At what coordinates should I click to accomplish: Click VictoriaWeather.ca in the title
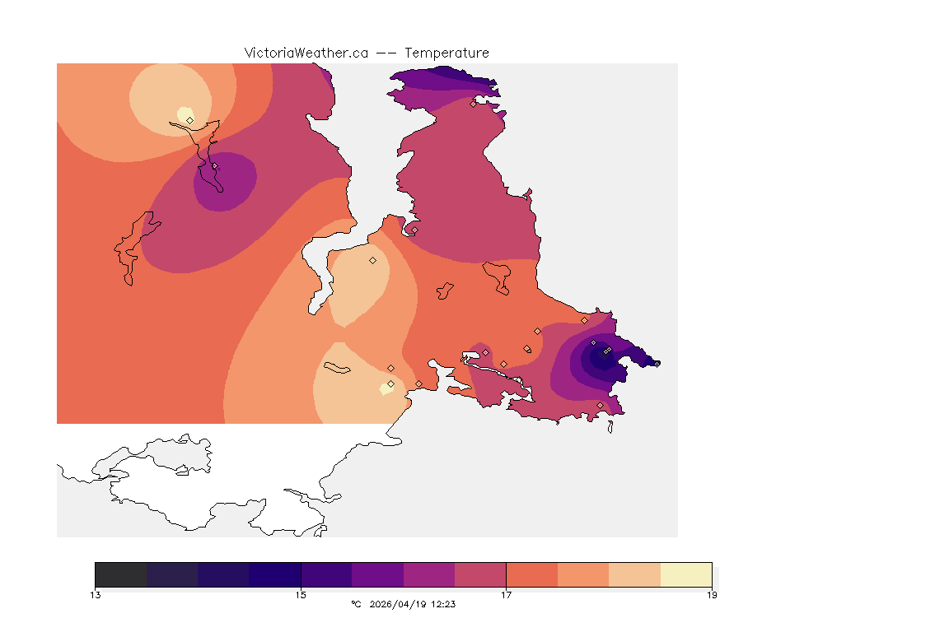tap(306, 53)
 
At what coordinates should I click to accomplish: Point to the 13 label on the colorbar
tap(96, 595)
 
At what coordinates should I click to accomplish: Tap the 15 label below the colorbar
tap(301, 595)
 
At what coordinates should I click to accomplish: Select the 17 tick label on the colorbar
tap(506, 595)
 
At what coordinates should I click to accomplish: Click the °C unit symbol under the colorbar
tap(356, 604)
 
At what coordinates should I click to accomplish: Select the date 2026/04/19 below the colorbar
tap(400, 604)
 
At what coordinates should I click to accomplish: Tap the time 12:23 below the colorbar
tap(443, 604)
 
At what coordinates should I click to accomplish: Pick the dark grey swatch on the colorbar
tap(121, 574)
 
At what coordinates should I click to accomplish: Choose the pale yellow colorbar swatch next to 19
tap(686, 574)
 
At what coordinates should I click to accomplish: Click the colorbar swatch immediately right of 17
tap(532, 574)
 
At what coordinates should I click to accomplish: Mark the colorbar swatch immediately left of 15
tap(275, 574)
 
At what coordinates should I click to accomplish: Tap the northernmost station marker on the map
tap(474, 104)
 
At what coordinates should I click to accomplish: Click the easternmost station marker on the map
tap(608, 351)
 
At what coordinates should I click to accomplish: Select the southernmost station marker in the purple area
tap(600, 405)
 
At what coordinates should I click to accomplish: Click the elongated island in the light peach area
tap(338, 368)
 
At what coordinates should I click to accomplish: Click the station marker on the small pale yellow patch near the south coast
tap(390, 384)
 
